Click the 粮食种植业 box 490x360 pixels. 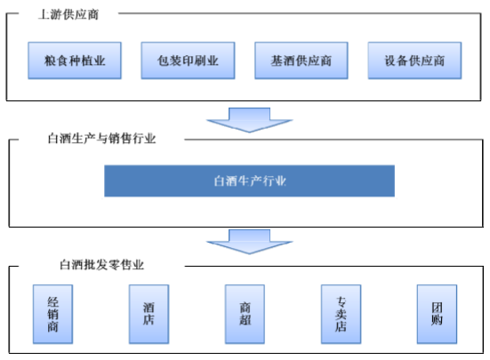tap(75, 60)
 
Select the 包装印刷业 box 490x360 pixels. tap(188, 60)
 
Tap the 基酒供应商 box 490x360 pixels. tap(301, 60)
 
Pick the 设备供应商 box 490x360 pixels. tap(414, 60)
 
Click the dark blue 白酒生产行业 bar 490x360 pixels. tap(249, 181)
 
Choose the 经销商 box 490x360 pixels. tap(52, 314)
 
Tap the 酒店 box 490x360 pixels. tap(149, 314)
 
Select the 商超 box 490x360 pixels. tap(245, 314)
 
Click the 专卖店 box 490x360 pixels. tap(341, 314)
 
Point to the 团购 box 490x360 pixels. tap(437, 314)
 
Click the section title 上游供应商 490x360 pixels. tap(68, 14)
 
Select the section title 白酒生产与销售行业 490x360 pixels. tap(101, 139)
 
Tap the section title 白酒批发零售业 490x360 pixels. tap(101, 265)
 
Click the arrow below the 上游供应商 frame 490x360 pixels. tap(249, 120)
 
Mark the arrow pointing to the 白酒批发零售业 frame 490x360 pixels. tap(249, 242)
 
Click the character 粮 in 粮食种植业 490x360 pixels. tap(50, 60)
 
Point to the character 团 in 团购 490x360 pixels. tap(437, 308)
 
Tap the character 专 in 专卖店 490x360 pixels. tap(341, 302)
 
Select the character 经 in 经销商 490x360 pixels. tap(52, 302)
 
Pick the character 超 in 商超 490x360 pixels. tap(245, 320)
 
